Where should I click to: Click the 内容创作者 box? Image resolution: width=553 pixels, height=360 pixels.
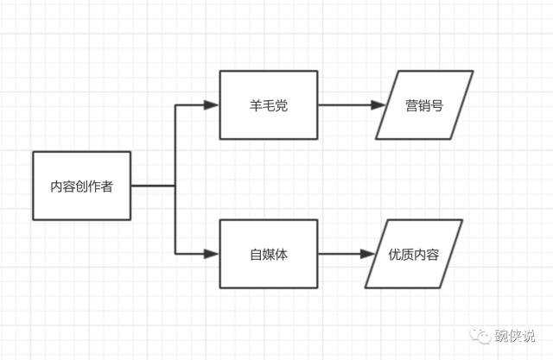coord(82,186)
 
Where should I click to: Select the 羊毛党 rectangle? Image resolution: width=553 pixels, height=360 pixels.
coord(269,105)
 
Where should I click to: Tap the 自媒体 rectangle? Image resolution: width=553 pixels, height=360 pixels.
coord(269,254)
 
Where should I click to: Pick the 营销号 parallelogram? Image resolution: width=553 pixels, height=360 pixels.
coord(424,105)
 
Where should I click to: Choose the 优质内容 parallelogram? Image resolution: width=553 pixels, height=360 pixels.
coord(413,254)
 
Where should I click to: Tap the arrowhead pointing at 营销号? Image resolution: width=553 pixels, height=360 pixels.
coord(378,105)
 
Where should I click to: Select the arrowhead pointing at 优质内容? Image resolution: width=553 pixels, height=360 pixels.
coord(367,254)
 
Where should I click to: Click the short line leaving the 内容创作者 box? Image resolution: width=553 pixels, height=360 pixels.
coord(154,186)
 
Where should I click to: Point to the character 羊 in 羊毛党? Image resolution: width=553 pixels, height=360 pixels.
coord(255,105)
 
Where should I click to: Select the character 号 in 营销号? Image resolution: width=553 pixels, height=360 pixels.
coord(437,105)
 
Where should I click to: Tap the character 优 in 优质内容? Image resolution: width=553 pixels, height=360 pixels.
coord(395,255)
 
